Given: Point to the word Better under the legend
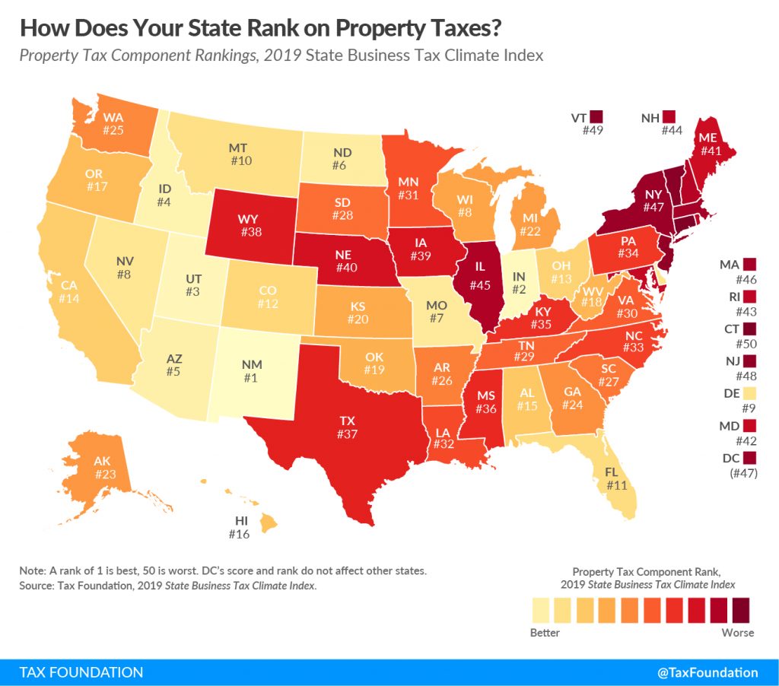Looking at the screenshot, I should point(545,632).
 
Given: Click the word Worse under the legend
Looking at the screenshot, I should point(738,632).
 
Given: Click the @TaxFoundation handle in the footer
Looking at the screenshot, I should point(707,672).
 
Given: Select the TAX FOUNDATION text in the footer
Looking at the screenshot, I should point(81,672).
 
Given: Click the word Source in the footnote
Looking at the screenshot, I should point(38,586).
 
